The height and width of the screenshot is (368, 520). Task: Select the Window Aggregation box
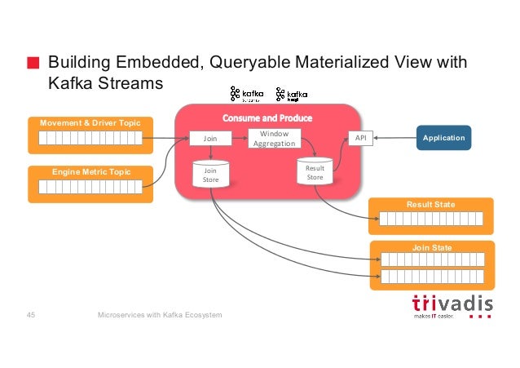274,138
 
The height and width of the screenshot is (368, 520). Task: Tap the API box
360,138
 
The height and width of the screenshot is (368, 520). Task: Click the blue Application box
443,138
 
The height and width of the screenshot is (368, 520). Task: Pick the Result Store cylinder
315,172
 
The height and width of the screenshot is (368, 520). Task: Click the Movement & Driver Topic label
90,122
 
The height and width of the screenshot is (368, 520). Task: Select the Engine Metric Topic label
90,171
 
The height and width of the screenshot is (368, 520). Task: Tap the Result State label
431,204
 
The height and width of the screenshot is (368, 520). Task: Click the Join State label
431,247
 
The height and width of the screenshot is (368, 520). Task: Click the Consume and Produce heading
267,117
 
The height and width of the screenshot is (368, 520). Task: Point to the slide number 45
32,315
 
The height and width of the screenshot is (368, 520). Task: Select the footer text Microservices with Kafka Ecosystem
160,315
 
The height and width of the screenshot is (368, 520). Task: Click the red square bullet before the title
33,64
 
